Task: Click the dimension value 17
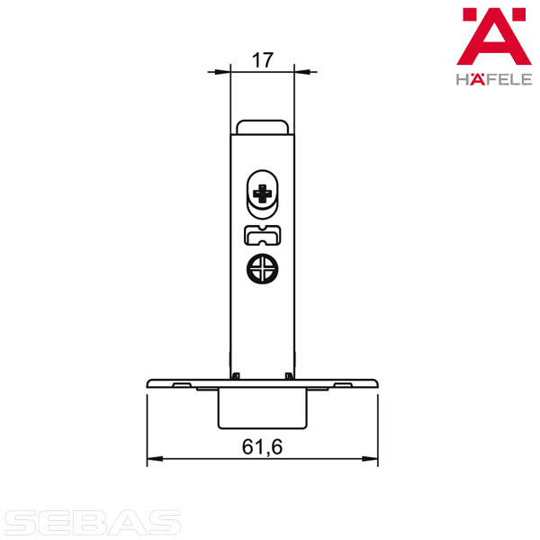(263, 60)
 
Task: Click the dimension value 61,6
(262, 447)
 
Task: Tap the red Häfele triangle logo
(494, 37)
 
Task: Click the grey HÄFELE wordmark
(494, 79)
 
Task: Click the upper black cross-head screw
(263, 193)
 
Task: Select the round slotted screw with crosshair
(263, 269)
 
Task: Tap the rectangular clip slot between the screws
(263, 236)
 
